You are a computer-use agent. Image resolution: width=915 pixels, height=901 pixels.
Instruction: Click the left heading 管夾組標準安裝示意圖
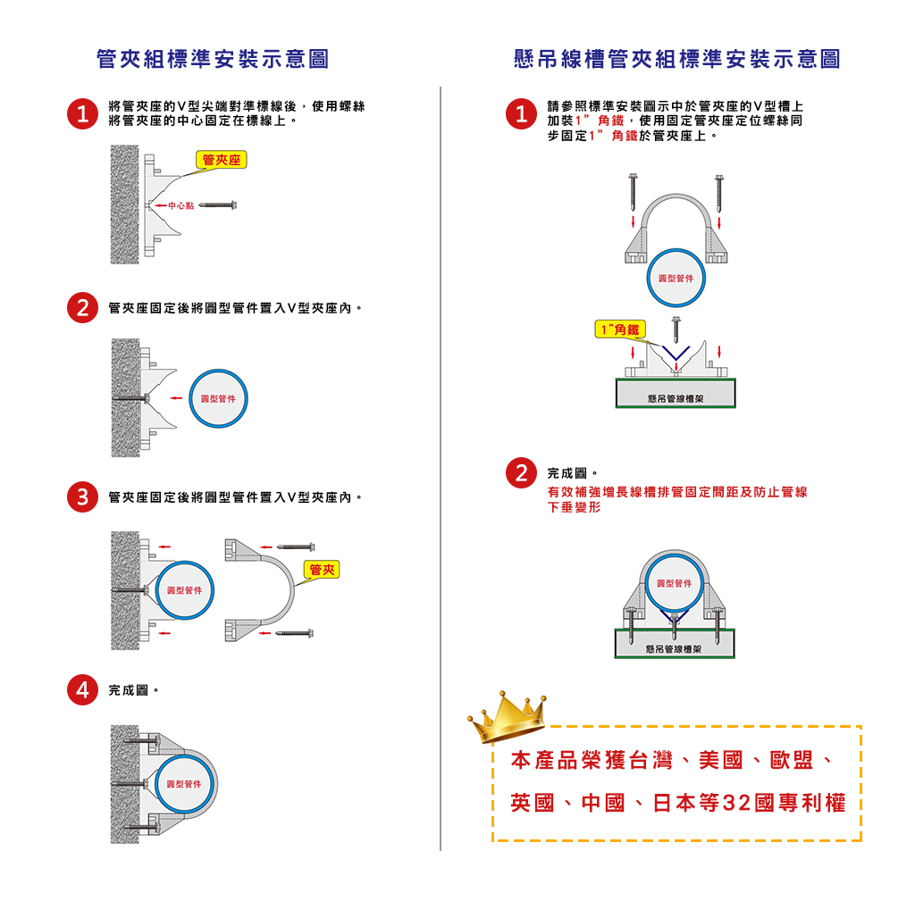[213, 60]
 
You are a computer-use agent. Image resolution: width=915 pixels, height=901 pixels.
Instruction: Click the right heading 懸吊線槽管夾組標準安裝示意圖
[676, 60]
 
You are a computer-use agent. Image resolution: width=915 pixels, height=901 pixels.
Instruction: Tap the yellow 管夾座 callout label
[221, 161]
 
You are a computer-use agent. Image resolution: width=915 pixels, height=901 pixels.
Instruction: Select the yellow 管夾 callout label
[323, 570]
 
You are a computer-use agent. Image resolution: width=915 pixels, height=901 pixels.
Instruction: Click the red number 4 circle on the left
[82, 689]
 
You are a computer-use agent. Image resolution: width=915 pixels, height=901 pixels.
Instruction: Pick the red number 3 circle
[82, 496]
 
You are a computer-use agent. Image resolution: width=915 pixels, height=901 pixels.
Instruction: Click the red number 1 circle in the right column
[520, 113]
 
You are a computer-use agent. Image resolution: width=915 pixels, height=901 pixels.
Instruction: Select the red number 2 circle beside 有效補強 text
[520, 472]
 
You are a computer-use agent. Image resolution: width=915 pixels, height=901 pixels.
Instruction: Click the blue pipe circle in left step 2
[218, 398]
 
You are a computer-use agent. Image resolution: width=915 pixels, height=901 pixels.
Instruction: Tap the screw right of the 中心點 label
[217, 206]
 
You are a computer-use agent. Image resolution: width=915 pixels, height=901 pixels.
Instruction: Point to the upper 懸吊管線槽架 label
[675, 398]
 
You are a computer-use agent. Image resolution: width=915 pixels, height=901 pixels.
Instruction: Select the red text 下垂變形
[574, 507]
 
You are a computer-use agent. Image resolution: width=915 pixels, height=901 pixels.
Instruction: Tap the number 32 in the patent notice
[735, 803]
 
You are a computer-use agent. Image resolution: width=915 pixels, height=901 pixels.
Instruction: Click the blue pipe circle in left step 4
[187, 784]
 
